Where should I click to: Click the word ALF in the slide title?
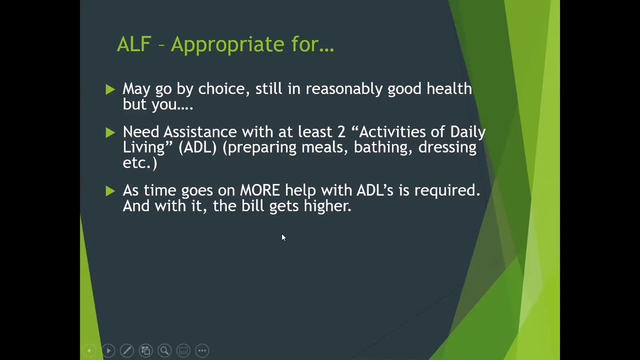coord(133,44)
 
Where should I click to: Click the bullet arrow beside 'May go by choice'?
coord(110,89)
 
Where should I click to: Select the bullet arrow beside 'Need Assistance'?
coord(110,132)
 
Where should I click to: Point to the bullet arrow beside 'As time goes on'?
coord(110,191)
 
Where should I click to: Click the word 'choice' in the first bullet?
coord(221,89)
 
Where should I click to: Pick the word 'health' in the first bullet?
coord(448,89)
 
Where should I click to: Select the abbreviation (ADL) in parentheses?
coord(197,147)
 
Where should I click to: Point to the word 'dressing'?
coord(447,147)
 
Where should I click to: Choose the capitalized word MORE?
coord(259,190)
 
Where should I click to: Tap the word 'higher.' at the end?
coord(327,206)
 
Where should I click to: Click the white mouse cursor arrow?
coord(283,237)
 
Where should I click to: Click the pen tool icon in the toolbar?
coord(127,350)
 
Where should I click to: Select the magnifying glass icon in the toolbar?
coord(164,350)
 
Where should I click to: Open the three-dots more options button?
coord(202,350)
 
